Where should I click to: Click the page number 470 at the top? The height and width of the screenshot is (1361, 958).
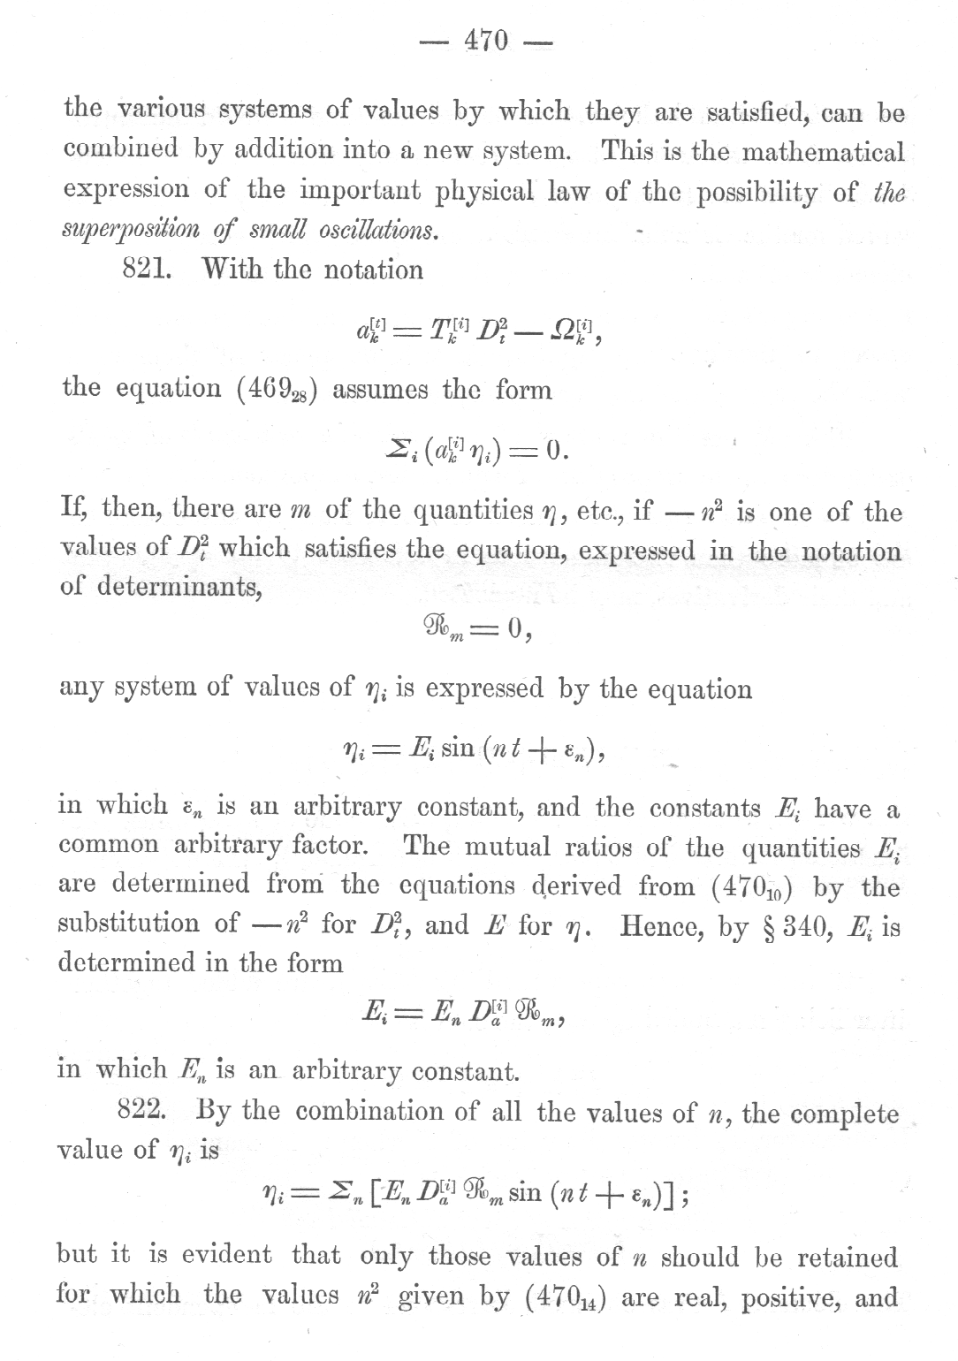tap(486, 41)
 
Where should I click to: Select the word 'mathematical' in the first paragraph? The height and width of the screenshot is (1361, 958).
tap(823, 151)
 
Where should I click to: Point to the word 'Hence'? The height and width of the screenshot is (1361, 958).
tap(660, 925)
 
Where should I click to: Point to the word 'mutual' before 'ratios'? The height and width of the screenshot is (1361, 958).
tap(507, 848)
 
